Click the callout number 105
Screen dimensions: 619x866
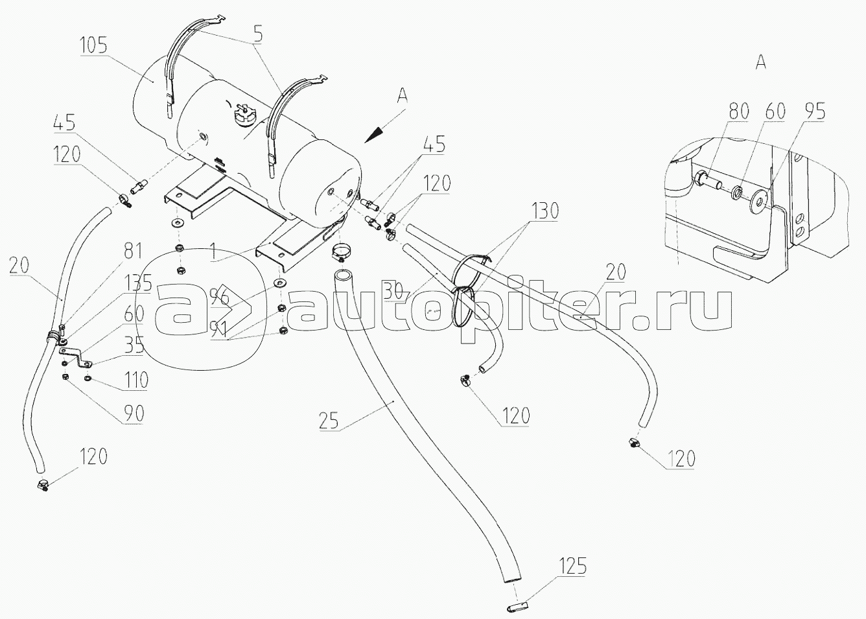tap(94, 47)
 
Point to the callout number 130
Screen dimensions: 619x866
tap(546, 212)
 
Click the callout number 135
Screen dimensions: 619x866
tap(137, 283)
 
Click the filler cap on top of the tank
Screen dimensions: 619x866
tap(245, 117)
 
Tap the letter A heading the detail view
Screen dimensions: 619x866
tap(761, 62)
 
